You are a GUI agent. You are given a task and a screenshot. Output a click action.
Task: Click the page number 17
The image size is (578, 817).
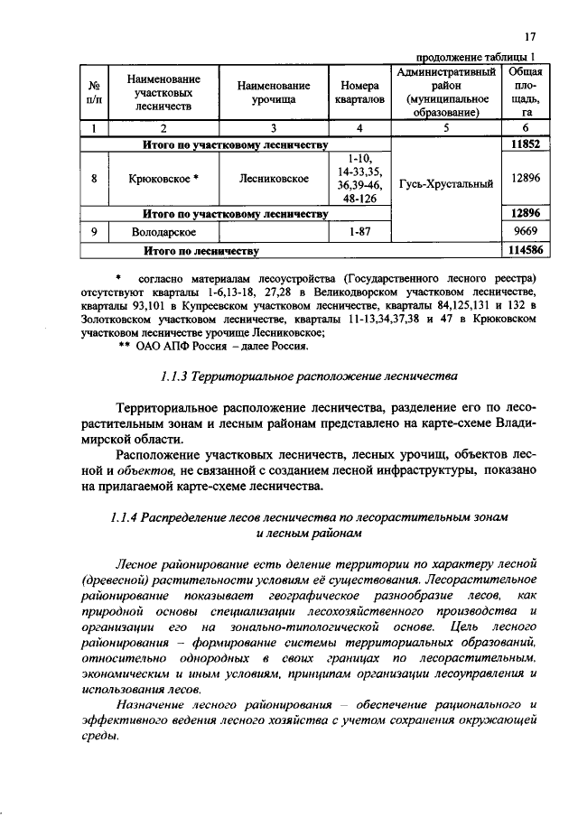point(531,36)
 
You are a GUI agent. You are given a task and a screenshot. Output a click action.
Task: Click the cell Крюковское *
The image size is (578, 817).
point(163,179)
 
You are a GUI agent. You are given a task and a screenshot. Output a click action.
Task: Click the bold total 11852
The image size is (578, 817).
point(525,144)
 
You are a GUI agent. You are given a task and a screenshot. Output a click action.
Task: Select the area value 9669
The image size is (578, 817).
point(525,232)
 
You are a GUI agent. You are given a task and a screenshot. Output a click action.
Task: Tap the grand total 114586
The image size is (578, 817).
point(525,250)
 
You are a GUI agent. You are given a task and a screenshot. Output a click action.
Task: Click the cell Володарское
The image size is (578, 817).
point(163,232)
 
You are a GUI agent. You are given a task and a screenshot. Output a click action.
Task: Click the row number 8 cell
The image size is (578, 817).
point(93,179)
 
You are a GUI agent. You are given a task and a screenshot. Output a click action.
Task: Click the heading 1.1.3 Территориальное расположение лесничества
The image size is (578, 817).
point(290,376)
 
